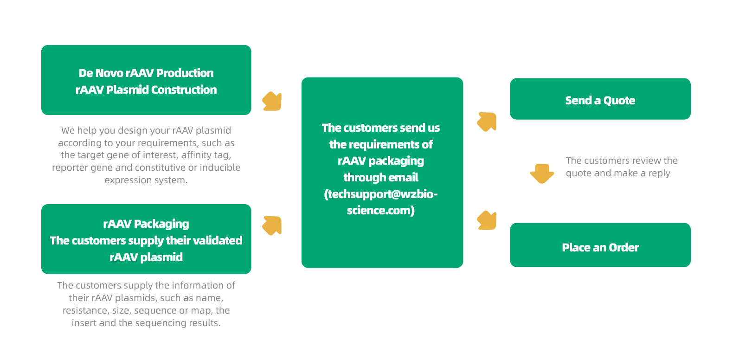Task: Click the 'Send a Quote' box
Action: coord(600,99)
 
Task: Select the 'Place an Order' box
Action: coord(600,245)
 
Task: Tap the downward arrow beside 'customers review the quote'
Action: coord(542,174)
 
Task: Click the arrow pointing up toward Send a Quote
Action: coord(487,122)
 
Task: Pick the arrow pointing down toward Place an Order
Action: coord(487,220)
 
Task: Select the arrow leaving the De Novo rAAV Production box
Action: coord(272,102)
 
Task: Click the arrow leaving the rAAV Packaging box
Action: coord(272,225)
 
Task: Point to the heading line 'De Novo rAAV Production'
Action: coord(146,73)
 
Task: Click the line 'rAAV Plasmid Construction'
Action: coord(146,90)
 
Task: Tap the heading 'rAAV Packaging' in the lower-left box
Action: coord(146,224)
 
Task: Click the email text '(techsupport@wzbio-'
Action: coord(381,194)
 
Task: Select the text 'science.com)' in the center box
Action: coord(381,210)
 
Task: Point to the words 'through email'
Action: coord(381,177)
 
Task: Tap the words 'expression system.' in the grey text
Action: coord(146,180)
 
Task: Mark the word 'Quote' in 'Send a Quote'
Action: coord(619,101)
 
